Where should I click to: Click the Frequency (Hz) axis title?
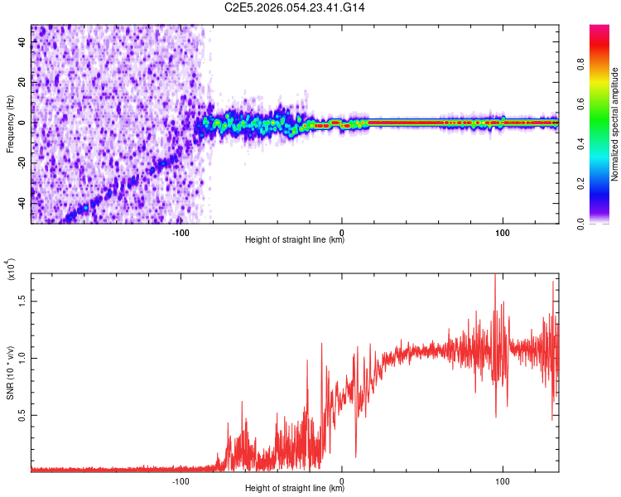(10, 124)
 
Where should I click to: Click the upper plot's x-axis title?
(295, 240)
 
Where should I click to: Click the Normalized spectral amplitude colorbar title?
(615, 124)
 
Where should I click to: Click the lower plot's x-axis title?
(295, 488)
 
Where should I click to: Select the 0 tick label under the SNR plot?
(343, 479)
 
